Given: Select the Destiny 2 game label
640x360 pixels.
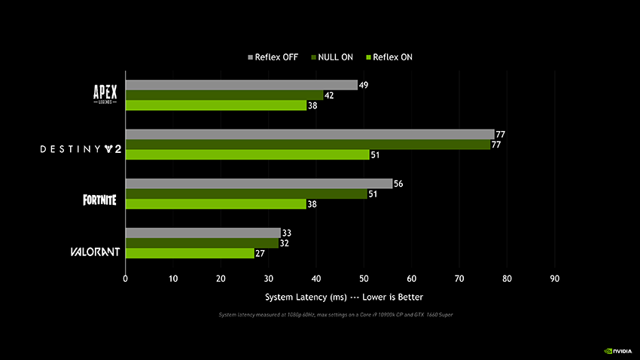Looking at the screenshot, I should [x=81, y=149].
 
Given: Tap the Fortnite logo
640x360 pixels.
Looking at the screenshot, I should [x=100, y=200].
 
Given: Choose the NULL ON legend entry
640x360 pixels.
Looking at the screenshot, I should [x=331, y=57].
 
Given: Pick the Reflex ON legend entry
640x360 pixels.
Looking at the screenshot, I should [x=389, y=57].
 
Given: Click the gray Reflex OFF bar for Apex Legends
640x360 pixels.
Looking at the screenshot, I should [x=241, y=85].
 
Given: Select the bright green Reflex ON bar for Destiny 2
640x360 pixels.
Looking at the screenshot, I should [x=247, y=154].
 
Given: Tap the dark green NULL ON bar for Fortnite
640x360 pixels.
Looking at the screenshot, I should [x=245, y=194].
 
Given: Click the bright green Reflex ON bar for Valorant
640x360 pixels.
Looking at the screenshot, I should [x=190, y=253].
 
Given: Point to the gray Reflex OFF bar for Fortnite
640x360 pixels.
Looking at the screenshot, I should [x=258, y=184].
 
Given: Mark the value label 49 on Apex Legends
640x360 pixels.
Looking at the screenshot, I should [x=364, y=85].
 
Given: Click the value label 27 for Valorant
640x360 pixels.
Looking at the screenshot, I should [x=261, y=254].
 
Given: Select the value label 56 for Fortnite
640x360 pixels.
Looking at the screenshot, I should [x=399, y=184].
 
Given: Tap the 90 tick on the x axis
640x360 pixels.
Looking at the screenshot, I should [x=555, y=279].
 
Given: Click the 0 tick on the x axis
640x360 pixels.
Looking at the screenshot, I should [x=125, y=279].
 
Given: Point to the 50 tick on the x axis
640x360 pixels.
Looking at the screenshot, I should [x=364, y=279].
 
